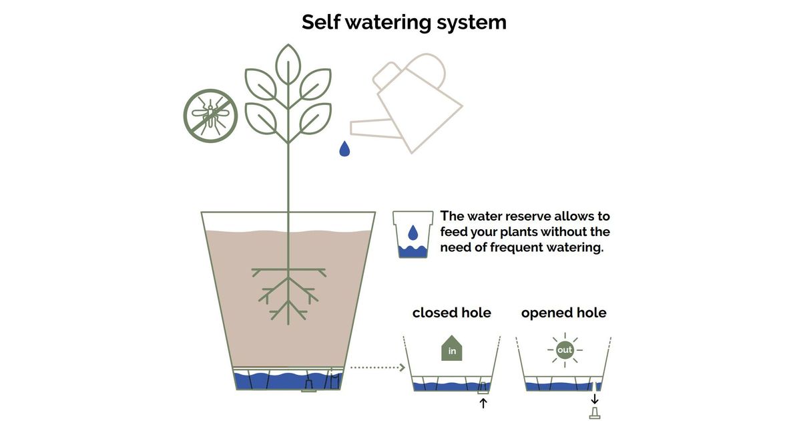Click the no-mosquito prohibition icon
[x=210, y=116]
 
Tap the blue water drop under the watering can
[x=344, y=148]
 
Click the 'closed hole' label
[x=451, y=312]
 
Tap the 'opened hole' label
[x=563, y=312]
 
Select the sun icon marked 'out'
[x=565, y=349]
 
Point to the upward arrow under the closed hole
[x=483, y=403]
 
